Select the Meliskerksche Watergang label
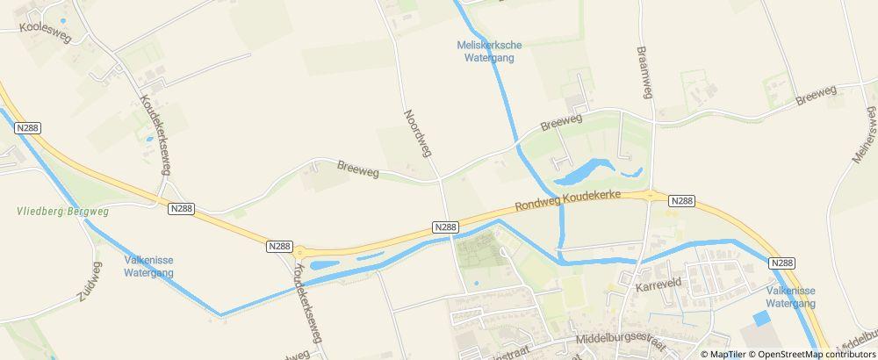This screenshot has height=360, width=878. click(x=486, y=51)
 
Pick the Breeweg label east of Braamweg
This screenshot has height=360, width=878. click(x=817, y=95)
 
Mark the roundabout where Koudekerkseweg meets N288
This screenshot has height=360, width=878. click(x=299, y=251)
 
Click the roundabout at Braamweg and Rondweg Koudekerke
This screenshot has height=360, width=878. click(x=649, y=196)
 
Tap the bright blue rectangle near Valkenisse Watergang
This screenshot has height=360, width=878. click(x=760, y=319)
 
